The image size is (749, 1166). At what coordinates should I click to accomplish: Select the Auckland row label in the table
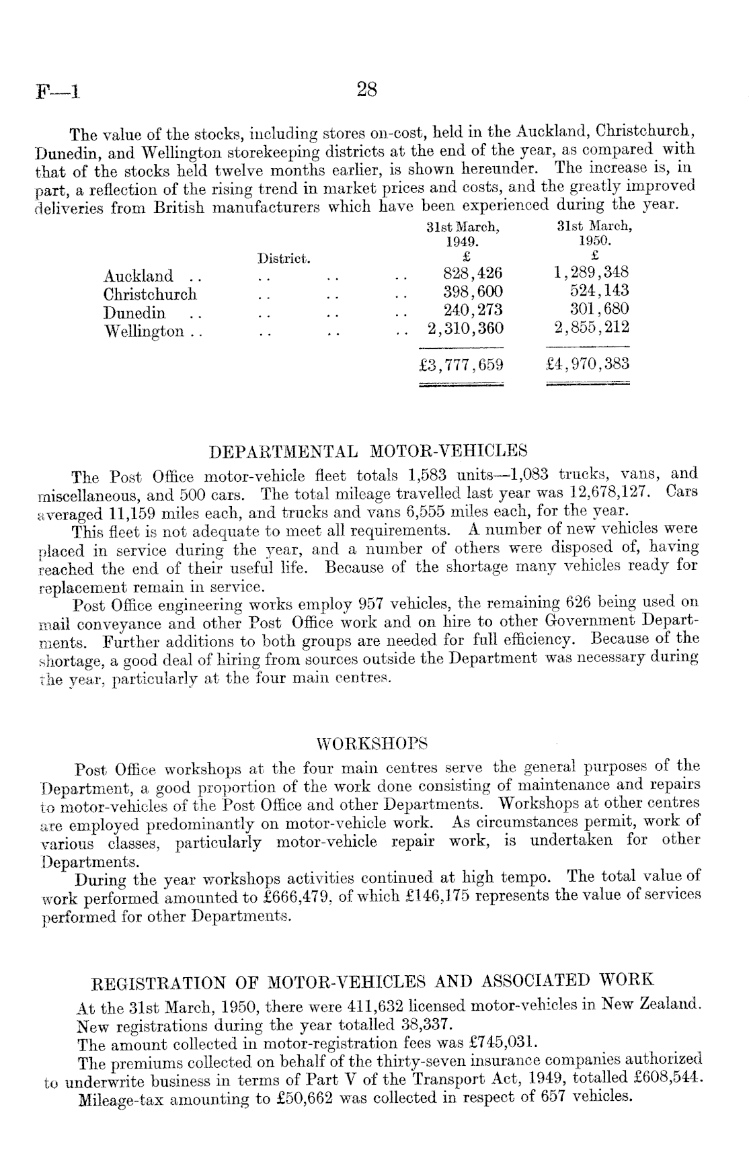(138, 276)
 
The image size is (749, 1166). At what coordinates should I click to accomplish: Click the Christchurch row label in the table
(150, 294)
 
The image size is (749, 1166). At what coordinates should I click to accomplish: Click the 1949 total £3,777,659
(461, 365)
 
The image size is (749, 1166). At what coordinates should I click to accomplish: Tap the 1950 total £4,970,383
(588, 364)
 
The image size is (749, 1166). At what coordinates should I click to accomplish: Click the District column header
(283, 258)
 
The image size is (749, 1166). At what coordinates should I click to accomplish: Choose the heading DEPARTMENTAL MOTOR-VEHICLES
(368, 450)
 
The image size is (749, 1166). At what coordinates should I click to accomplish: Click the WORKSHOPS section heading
(372, 744)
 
